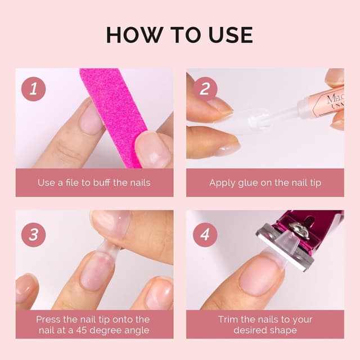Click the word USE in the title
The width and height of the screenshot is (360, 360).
coord(228,35)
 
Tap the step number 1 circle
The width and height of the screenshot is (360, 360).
coord(33,89)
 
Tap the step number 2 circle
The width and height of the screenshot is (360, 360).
coord(205,89)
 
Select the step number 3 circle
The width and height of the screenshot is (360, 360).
coord(33,235)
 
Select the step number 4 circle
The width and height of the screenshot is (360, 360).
coord(205,235)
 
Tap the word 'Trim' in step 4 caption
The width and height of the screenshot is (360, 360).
coord(228,319)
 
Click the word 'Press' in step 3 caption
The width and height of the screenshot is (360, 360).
coord(48,319)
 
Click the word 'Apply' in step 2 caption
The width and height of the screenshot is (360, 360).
coord(222,183)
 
